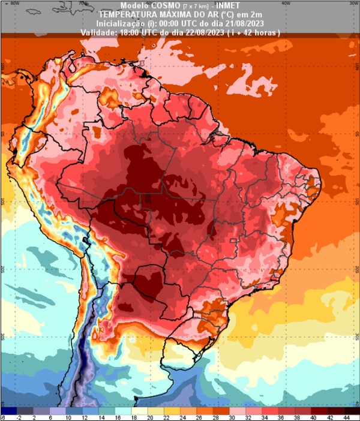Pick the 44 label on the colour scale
click(x=347, y=417)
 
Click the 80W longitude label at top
click(x=16, y=3)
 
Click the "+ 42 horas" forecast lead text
click(x=262, y=31)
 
